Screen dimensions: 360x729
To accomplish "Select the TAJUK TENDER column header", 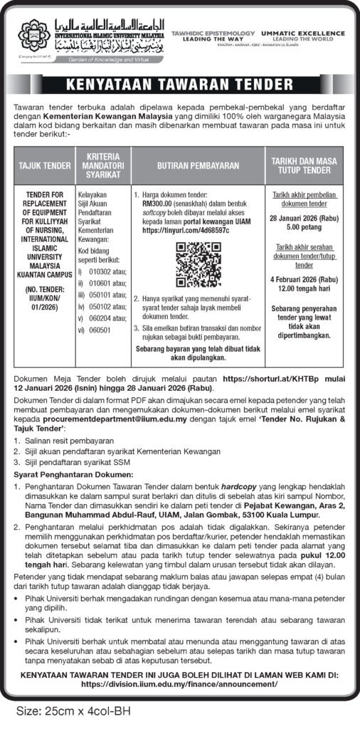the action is [44, 165].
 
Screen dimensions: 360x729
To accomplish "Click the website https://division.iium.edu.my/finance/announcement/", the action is [179, 683].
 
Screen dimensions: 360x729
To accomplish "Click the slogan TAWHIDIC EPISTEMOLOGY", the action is [211, 33].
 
